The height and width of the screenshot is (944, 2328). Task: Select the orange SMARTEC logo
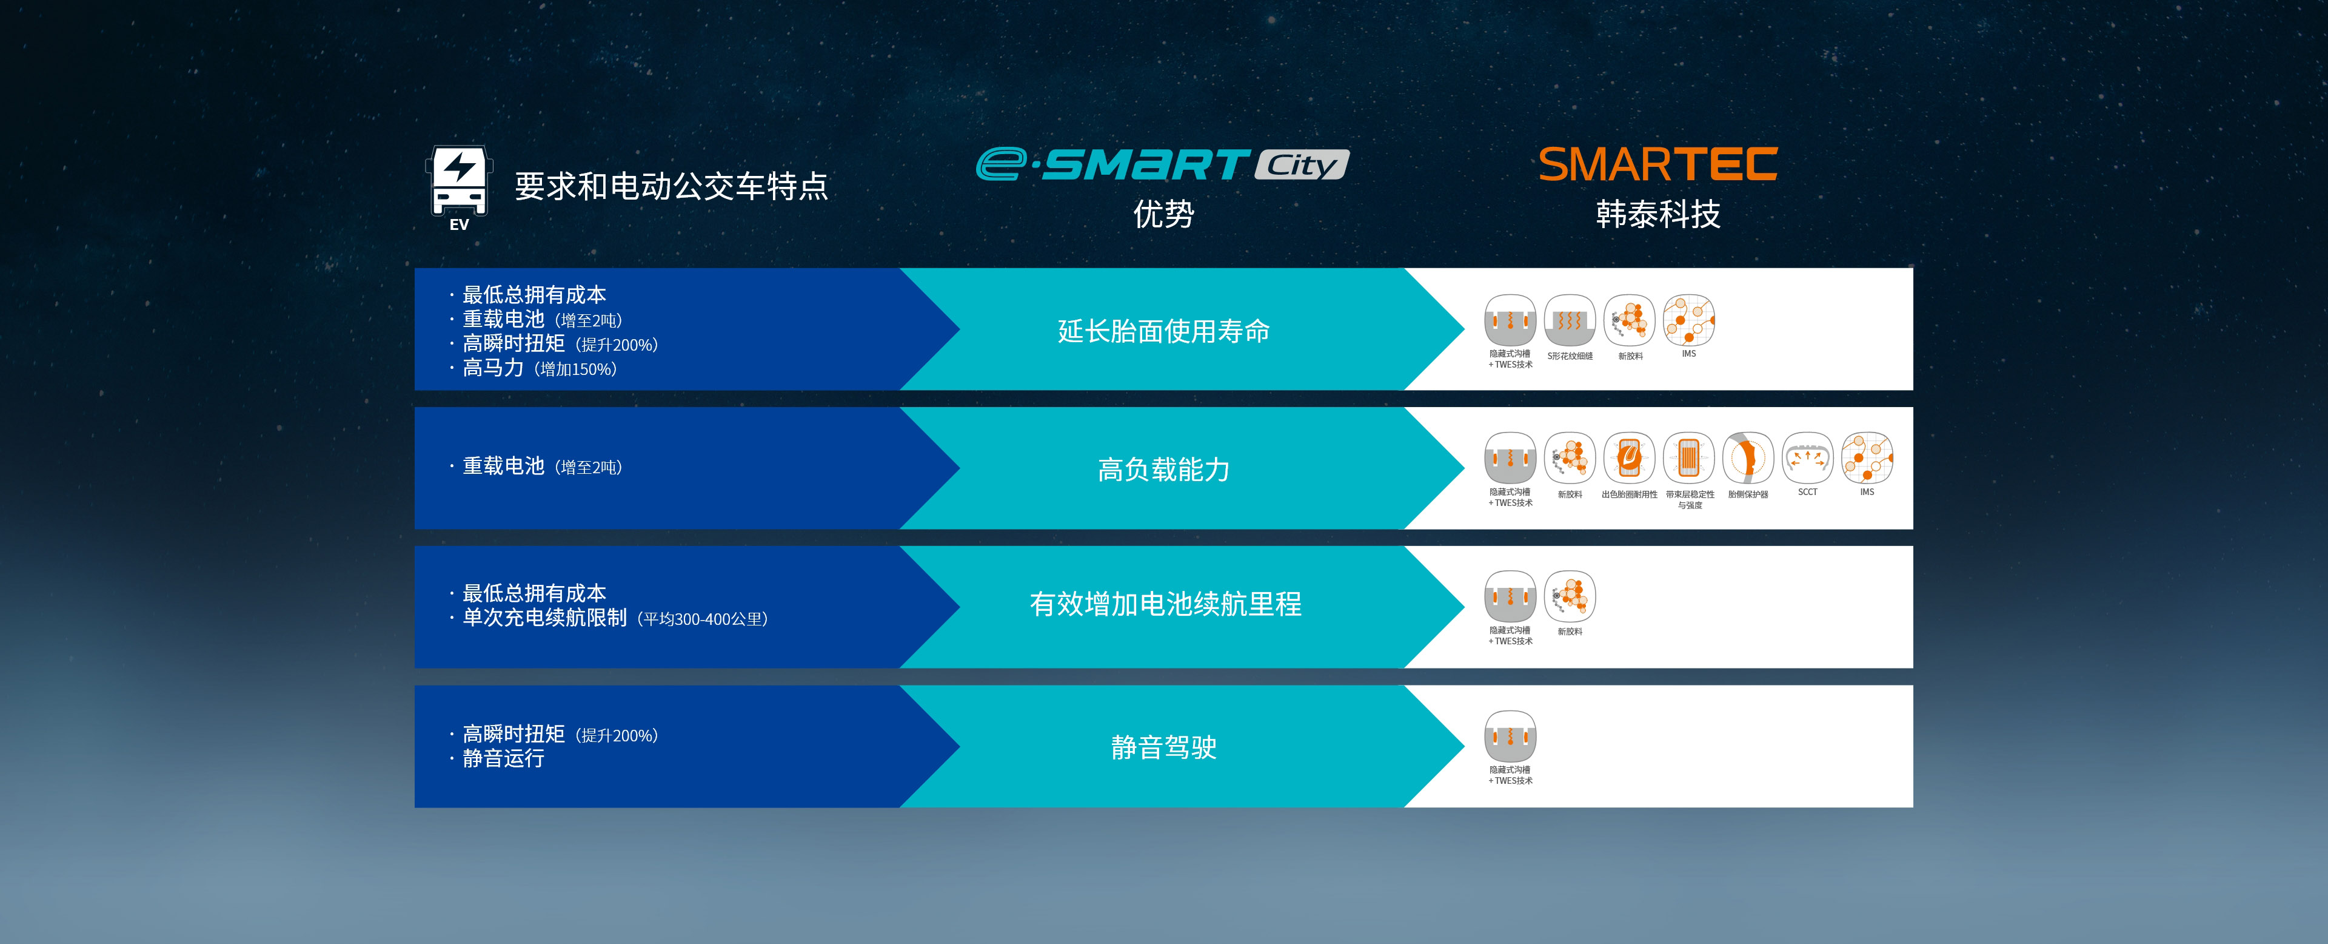pos(1657,164)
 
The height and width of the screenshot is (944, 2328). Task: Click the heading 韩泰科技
pos(1657,214)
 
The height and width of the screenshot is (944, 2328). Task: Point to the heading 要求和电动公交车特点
pos(671,186)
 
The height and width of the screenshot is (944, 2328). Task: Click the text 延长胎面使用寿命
pos(1163,331)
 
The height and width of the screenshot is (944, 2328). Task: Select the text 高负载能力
pos(1163,470)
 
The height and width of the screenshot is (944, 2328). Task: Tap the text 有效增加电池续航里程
pos(1165,604)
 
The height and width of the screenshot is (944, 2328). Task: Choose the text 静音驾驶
pos(1163,747)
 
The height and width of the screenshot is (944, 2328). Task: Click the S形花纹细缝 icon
pos(1569,321)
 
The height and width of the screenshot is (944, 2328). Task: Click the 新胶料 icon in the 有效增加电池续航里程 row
pos(1570,597)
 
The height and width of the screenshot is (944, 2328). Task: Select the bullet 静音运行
pos(503,758)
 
